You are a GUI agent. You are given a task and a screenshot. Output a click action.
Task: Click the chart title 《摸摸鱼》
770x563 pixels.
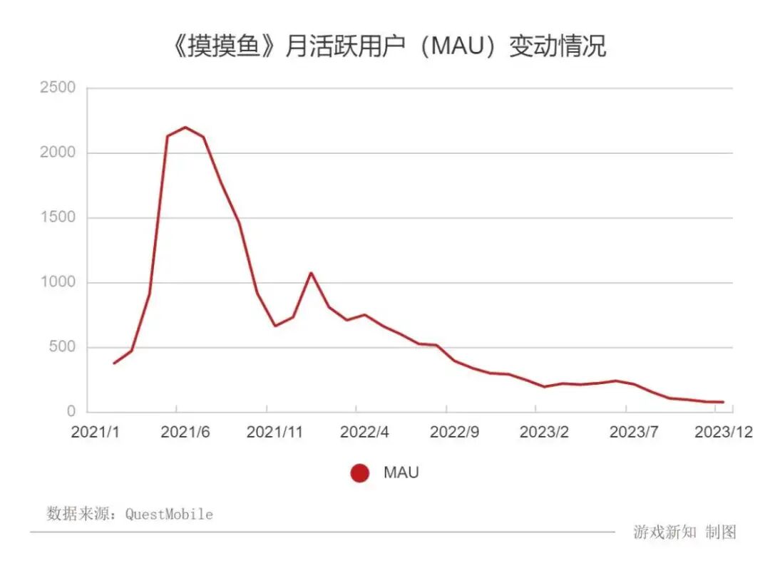click(x=217, y=46)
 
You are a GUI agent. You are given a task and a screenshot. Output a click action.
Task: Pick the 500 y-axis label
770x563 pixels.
click(x=61, y=348)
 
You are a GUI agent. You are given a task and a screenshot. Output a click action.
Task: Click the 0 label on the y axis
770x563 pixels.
click(x=71, y=412)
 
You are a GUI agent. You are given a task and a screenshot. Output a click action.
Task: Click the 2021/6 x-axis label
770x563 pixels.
click(x=185, y=433)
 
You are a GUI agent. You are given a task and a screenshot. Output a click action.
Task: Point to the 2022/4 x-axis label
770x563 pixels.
click(x=364, y=433)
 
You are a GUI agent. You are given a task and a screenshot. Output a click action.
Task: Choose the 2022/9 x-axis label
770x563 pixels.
click(x=454, y=433)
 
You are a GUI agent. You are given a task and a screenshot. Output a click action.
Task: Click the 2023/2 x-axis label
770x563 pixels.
click(x=544, y=433)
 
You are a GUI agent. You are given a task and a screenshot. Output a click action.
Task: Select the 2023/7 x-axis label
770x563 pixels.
click(x=634, y=433)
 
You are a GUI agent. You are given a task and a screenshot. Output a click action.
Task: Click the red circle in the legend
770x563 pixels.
click(x=360, y=473)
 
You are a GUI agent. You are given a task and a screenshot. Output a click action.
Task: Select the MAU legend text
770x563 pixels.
click(x=401, y=473)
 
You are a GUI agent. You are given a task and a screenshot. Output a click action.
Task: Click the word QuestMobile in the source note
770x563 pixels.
click(x=169, y=514)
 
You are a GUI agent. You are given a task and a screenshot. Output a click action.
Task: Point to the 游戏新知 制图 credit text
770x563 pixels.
click(x=684, y=532)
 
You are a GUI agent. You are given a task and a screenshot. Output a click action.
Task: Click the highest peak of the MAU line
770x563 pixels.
click(x=185, y=128)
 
